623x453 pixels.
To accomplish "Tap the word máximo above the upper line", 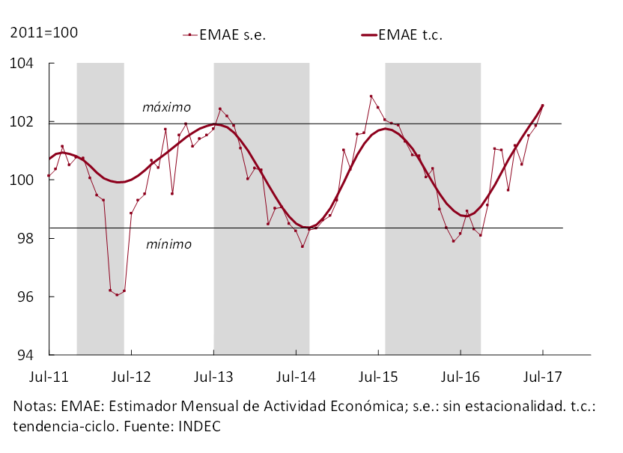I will pos(166,108).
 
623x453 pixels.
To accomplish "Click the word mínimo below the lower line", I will pos(168,244).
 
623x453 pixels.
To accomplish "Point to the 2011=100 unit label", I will pos(43,33).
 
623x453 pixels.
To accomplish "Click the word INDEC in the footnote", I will pos(198,425).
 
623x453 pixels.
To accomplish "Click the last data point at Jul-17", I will pos(542,106).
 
